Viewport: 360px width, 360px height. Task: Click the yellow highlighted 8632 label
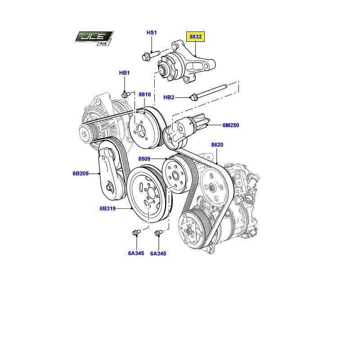[195, 37]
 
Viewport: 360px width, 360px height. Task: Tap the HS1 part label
[152, 32]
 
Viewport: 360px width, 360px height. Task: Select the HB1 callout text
[125, 73]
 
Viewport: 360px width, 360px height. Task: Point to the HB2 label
[169, 97]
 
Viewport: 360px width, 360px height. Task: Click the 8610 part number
[144, 94]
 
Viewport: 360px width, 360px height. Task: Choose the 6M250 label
[231, 125]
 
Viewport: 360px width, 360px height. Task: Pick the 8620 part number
[217, 144]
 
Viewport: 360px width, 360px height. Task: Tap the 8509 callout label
[144, 159]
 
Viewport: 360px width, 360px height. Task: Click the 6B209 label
[81, 173]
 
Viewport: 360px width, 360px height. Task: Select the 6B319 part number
[108, 208]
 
